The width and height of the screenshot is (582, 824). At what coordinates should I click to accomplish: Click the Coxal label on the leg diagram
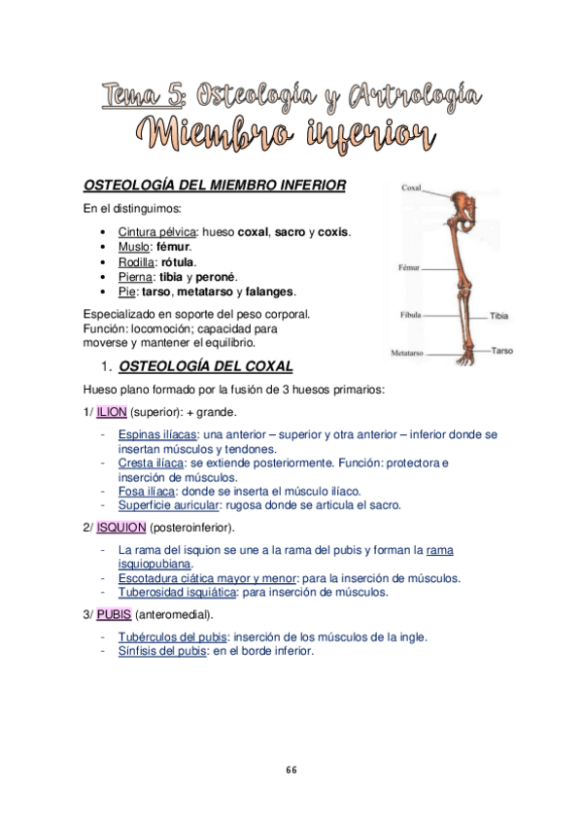[x=411, y=190]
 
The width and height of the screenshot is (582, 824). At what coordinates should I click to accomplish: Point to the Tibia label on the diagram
[x=500, y=317]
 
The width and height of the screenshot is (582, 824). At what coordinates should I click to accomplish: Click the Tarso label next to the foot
[x=501, y=350]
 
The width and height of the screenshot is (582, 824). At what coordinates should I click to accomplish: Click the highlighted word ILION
[x=111, y=412]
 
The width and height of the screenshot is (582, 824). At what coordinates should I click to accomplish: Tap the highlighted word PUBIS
[x=113, y=615]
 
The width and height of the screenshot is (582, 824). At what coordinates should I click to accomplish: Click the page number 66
[x=291, y=770]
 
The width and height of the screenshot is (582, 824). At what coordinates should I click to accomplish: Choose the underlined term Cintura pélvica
[x=155, y=233]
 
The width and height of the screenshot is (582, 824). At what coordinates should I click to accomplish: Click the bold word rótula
[x=179, y=262]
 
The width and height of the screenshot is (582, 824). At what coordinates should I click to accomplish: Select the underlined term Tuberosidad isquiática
[x=181, y=592]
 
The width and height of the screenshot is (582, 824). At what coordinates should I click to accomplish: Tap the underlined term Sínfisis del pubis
[x=162, y=651]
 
